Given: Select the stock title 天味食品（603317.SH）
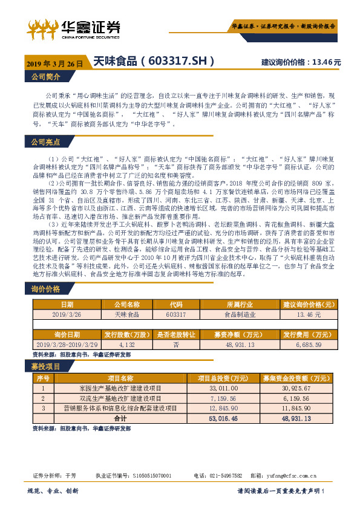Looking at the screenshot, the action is click(x=154, y=62).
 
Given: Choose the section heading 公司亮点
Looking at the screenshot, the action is click(x=46, y=142).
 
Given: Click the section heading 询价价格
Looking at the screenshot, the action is click(x=46, y=290).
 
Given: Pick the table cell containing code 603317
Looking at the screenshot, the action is click(x=177, y=315).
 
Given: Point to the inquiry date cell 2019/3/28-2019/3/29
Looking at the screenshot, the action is click(x=67, y=345).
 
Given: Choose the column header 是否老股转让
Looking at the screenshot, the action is click(x=177, y=334).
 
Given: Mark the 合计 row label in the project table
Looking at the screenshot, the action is click(x=120, y=418).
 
